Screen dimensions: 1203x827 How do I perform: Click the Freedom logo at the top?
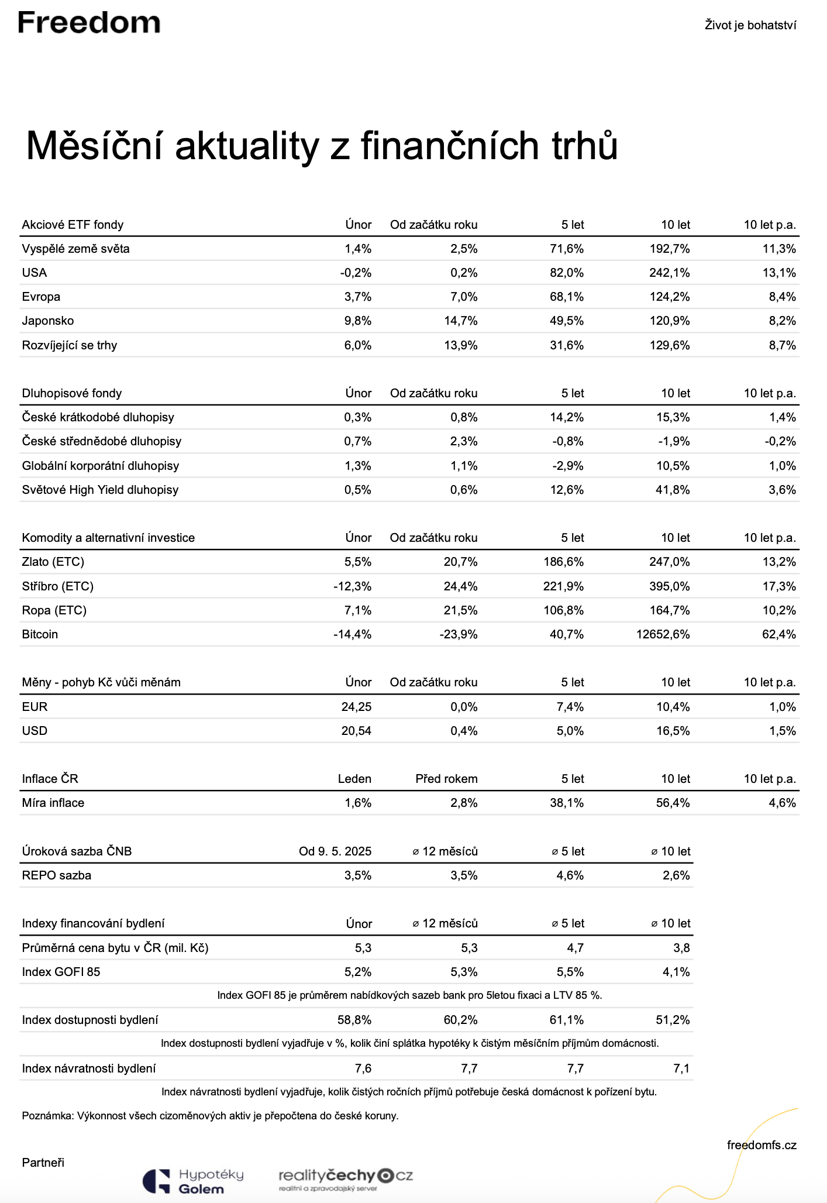pyautogui.click(x=89, y=23)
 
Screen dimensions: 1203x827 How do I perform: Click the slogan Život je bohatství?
pyautogui.click(x=750, y=25)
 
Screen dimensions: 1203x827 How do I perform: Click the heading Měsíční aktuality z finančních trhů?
pyautogui.click(x=322, y=146)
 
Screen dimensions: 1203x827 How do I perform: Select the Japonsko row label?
pyautogui.click(x=48, y=321)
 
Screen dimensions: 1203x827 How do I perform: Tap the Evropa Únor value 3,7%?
pyautogui.click(x=358, y=297)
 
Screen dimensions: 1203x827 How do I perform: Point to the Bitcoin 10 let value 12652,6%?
pyautogui.click(x=663, y=634)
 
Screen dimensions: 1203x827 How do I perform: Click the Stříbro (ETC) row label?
pyautogui.click(x=57, y=586)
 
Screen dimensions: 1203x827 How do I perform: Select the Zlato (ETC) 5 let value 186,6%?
pyautogui.click(x=564, y=562)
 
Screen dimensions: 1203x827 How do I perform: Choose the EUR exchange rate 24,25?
pyautogui.click(x=356, y=707)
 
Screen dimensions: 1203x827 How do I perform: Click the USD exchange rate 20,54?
pyautogui.click(x=356, y=731)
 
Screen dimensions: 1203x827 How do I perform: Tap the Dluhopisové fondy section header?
pyautogui.click(x=72, y=393)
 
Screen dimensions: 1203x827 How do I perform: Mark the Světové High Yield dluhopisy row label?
pyautogui.click(x=100, y=490)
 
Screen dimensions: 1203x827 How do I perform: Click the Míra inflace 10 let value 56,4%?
pyautogui.click(x=673, y=803)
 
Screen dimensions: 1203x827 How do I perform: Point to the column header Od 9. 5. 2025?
pyautogui.click(x=335, y=851)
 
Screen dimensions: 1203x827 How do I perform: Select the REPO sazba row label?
pyautogui.click(x=57, y=875)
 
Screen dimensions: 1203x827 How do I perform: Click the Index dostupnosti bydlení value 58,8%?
pyautogui.click(x=354, y=1020)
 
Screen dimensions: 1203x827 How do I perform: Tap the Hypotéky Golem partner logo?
pyautogui.click(x=194, y=1181)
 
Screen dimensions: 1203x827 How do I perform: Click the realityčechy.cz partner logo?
pyautogui.click(x=346, y=1178)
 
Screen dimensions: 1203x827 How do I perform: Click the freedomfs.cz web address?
pyautogui.click(x=761, y=1145)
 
